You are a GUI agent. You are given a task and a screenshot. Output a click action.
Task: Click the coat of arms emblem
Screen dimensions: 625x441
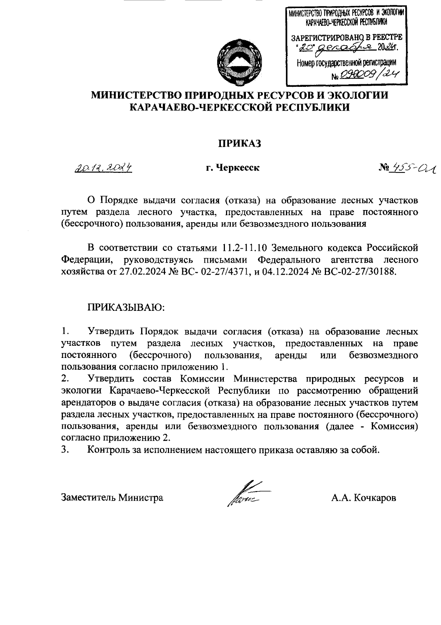pyautogui.click(x=239, y=60)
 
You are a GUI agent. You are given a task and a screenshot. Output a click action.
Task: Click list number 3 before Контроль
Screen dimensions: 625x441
pyautogui.click(x=65, y=450)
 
